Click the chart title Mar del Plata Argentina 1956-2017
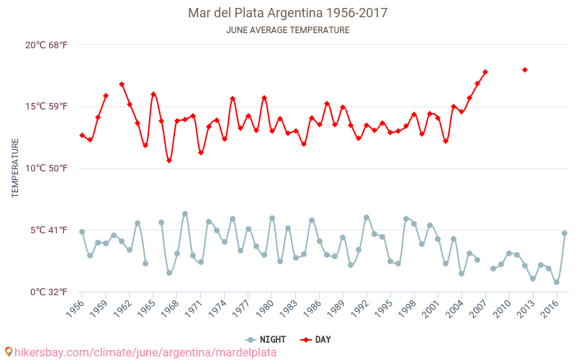point(287,13)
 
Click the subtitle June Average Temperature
point(287,30)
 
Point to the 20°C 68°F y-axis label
point(47,45)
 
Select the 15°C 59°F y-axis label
point(47,107)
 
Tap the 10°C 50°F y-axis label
point(47,168)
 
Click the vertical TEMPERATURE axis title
point(15,168)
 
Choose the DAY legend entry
point(315,339)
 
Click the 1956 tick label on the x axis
point(74,310)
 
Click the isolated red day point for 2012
point(525,70)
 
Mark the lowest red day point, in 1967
point(169,161)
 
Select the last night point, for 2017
point(564,233)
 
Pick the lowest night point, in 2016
point(557,282)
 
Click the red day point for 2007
point(485,72)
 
